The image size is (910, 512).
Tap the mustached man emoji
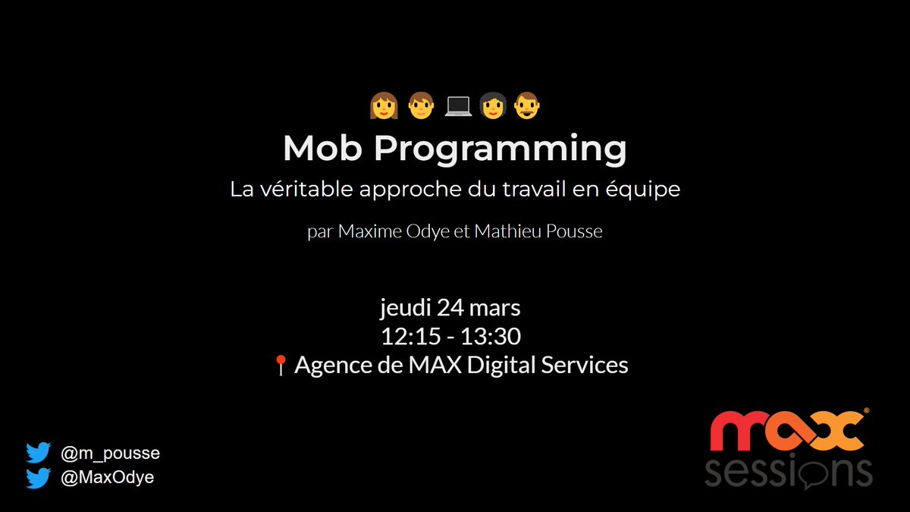pyautogui.click(x=527, y=106)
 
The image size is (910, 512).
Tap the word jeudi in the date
pyautogui.click(x=405, y=309)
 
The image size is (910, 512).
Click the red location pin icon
pyautogui.click(x=280, y=366)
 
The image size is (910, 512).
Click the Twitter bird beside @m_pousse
pyautogui.click(x=38, y=454)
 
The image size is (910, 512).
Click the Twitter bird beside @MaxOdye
pyautogui.click(x=38, y=478)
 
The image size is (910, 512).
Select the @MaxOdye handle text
pyautogui.click(x=107, y=478)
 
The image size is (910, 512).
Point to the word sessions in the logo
pyautogui.click(x=788, y=472)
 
